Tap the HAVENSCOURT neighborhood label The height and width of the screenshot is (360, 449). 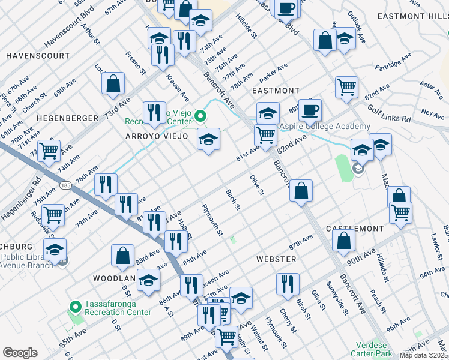coord(38,56)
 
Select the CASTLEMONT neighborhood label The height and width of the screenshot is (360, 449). coord(354,229)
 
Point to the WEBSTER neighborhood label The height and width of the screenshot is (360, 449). coord(276,259)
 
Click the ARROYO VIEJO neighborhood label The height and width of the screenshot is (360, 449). coord(156,137)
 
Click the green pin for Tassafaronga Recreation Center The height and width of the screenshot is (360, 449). coord(75,307)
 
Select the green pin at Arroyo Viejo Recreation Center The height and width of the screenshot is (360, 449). coord(201,116)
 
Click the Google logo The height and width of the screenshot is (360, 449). coord(20,353)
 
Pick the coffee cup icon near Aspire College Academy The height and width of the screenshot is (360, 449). coord(310,110)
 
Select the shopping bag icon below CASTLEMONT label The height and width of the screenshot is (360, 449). coord(343,241)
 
